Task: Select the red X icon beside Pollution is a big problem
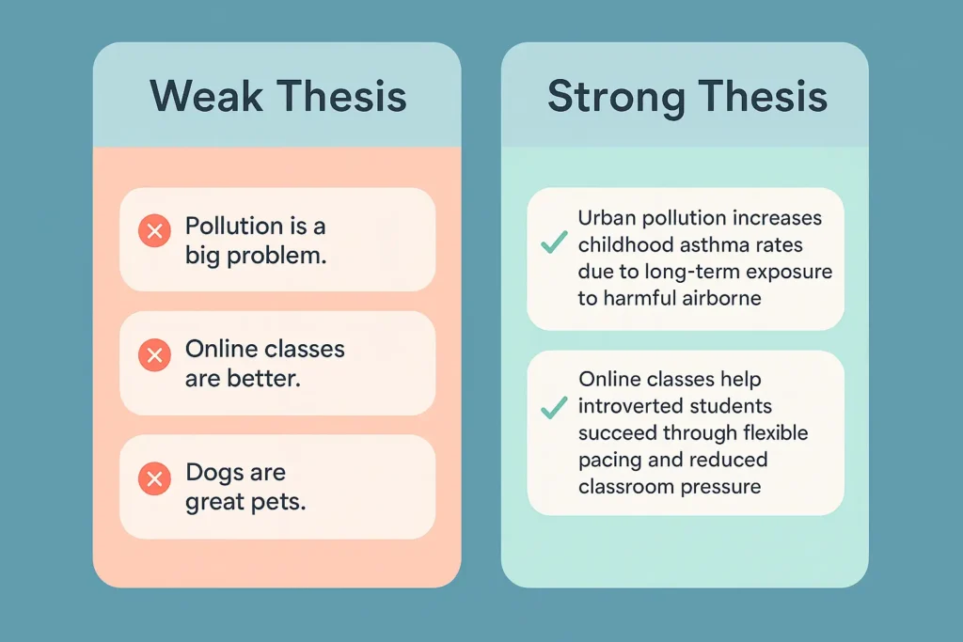tap(154, 230)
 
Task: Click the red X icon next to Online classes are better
tap(154, 354)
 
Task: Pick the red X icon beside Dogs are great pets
tap(154, 478)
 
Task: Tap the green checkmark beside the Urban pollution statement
tap(553, 243)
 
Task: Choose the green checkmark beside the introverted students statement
tap(553, 407)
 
